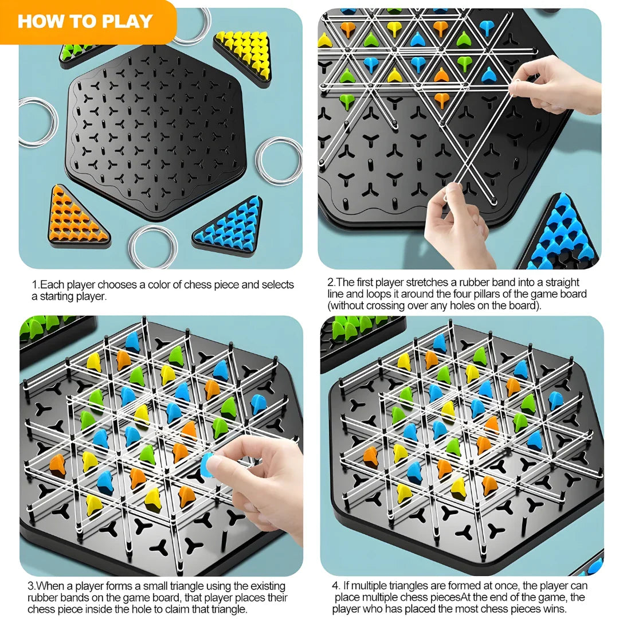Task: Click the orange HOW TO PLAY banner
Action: click(86, 22)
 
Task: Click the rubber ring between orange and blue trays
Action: click(152, 246)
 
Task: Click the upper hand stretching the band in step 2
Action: click(559, 86)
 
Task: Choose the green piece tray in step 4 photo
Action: click(358, 335)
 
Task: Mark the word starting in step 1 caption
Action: click(58, 296)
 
